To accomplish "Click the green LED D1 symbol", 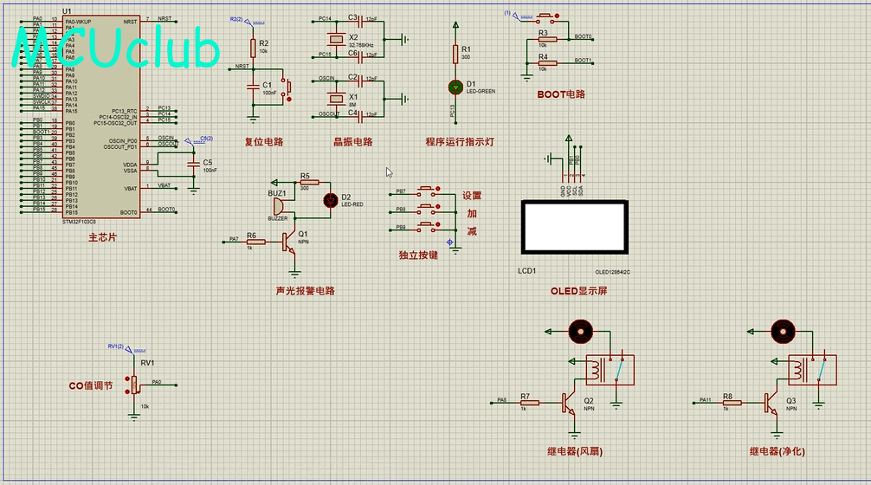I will [455, 87].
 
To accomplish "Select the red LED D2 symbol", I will [330, 200].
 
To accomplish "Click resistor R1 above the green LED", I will [455, 54].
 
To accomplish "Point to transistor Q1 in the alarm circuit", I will [288, 242].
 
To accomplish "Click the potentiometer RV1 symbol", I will [134, 385].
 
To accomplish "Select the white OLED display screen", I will [573, 228].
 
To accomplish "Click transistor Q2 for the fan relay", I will [568, 403].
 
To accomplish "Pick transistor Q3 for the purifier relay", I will [771, 402].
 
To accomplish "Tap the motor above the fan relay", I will [579, 330].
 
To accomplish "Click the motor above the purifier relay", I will [782, 330].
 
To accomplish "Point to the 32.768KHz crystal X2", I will [336, 37].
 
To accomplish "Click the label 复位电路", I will [264, 142].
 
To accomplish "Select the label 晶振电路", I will [352, 142].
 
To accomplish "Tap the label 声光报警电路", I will [305, 291].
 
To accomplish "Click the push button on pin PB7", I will [428, 191].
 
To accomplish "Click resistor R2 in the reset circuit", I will [253, 47].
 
